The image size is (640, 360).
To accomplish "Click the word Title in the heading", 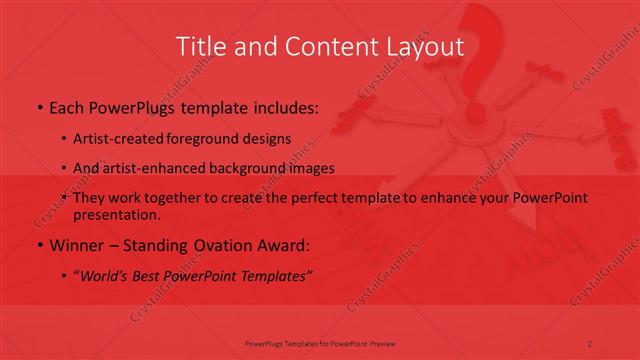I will coord(200,46).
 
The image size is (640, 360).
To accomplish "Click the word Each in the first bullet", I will coord(66,108).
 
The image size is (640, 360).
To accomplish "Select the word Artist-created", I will coord(117,138).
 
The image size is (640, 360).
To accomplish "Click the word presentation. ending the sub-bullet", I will coord(117,214).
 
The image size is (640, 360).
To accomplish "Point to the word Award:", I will coord(289,245).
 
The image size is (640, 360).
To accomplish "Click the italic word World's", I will coord(107,276).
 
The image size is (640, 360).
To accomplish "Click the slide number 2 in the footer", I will coord(589,343).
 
